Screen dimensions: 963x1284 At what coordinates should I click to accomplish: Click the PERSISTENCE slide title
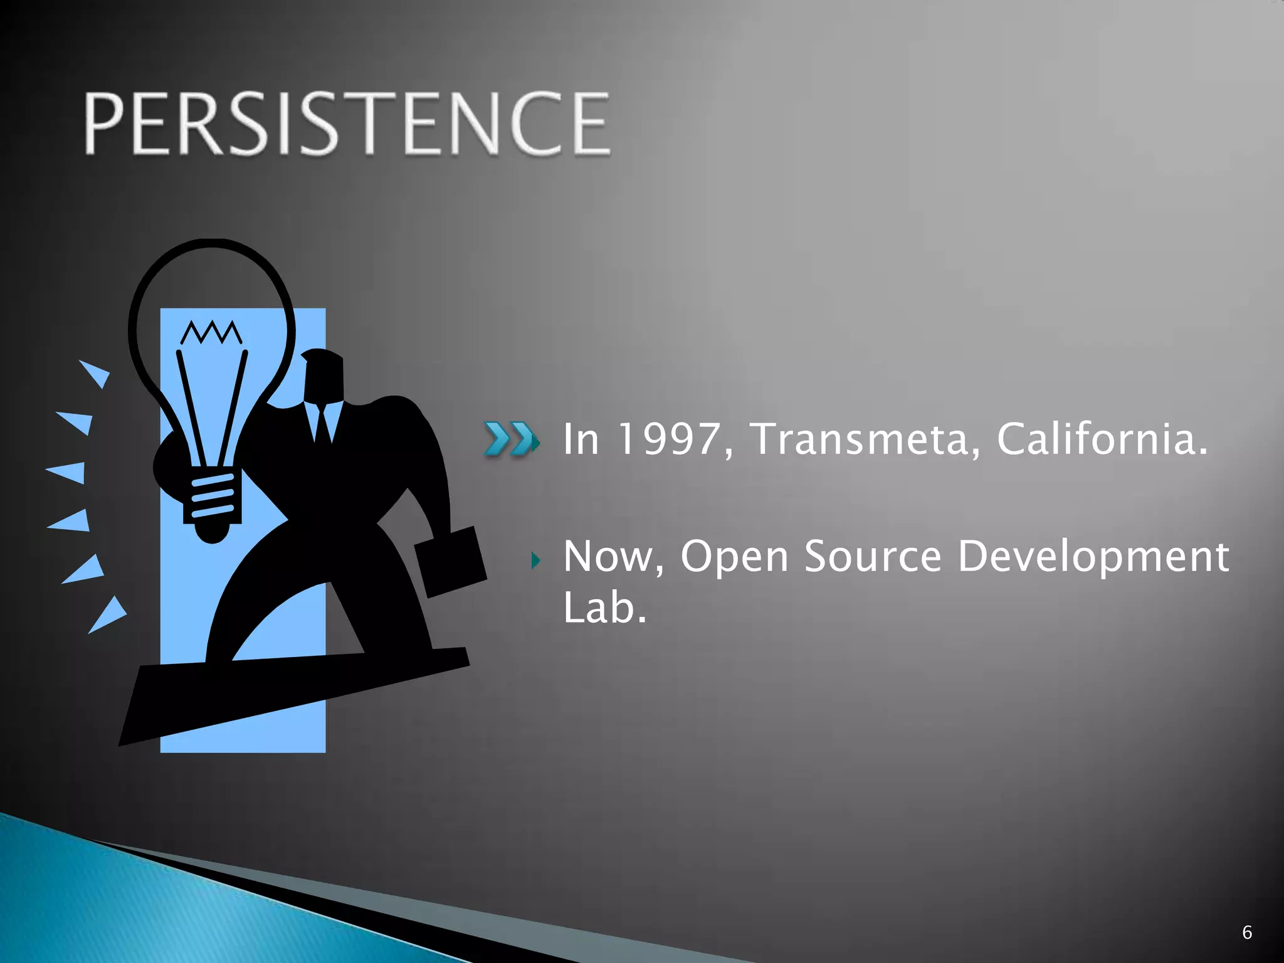click(347, 123)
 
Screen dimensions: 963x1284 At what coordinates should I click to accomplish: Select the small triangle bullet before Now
click(535, 559)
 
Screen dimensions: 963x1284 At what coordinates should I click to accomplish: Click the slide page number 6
click(1246, 932)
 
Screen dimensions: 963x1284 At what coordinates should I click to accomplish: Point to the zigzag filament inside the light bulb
click(211, 333)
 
